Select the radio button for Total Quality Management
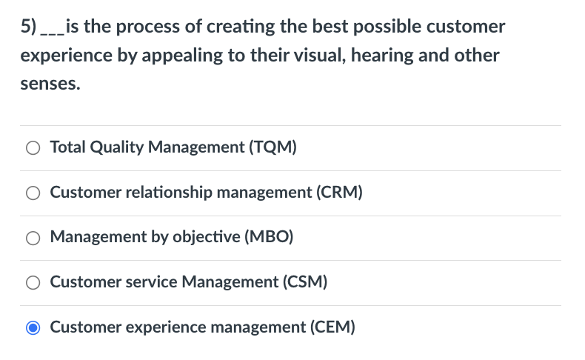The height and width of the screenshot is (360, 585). [33, 147]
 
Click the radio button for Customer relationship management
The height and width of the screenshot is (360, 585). [33, 193]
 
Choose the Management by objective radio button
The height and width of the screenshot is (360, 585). [33, 238]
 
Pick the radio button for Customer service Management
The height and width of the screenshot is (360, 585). [33, 282]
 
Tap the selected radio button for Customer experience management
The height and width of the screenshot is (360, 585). [33, 327]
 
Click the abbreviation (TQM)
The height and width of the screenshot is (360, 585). [274, 147]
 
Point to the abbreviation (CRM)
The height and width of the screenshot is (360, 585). [339, 193]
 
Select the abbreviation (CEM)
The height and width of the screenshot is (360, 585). [332, 327]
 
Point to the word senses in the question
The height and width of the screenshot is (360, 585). [50, 84]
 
